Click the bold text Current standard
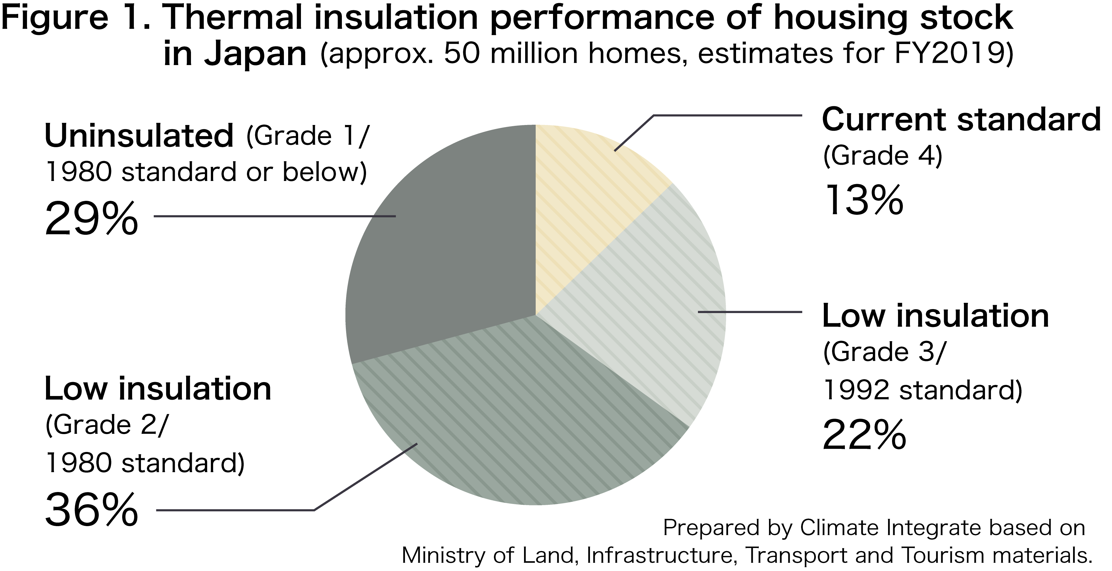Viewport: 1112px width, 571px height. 961,120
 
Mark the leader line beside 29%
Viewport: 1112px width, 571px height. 275,216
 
